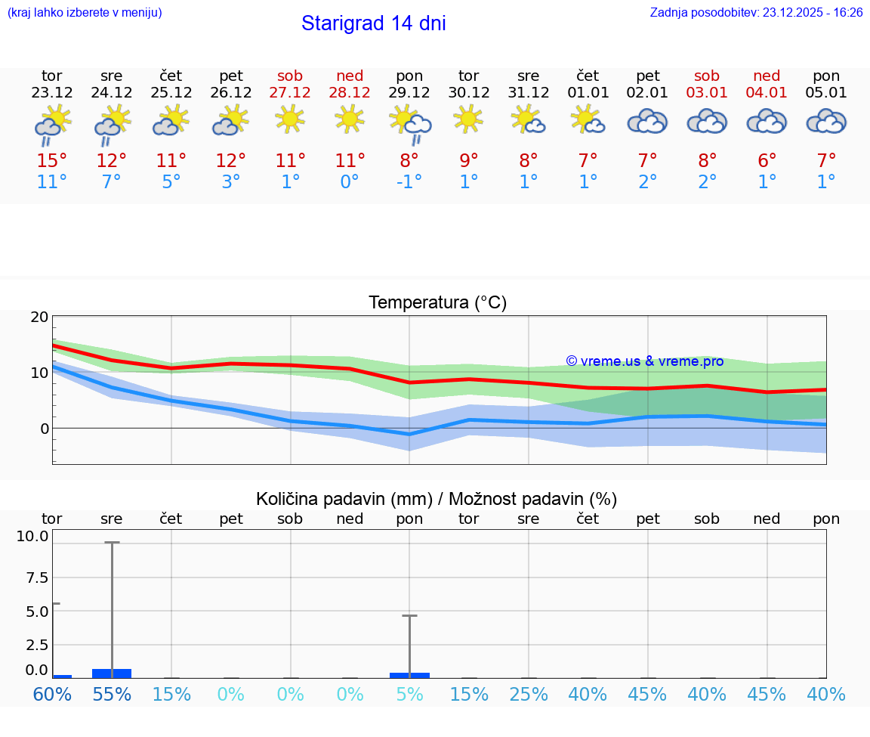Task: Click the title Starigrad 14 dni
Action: tap(373, 23)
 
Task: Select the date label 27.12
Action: tap(290, 93)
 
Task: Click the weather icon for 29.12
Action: tap(410, 124)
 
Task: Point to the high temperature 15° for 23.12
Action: tap(52, 161)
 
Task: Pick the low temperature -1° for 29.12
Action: tap(409, 182)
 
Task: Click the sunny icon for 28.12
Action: tap(350, 119)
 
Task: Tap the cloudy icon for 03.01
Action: tap(707, 121)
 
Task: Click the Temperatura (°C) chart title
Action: tap(437, 303)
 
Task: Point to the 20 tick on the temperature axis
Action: tap(39, 317)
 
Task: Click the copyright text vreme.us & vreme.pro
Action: tap(644, 361)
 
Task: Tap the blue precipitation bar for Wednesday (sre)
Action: tap(112, 673)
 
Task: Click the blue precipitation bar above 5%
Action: tap(409, 675)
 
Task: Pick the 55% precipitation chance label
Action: tap(112, 694)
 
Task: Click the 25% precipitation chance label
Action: tap(529, 694)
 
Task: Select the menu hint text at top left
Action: tap(84, 13)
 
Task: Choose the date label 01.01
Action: tap(588, 93)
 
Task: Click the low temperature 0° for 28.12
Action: tap(350, 182)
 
